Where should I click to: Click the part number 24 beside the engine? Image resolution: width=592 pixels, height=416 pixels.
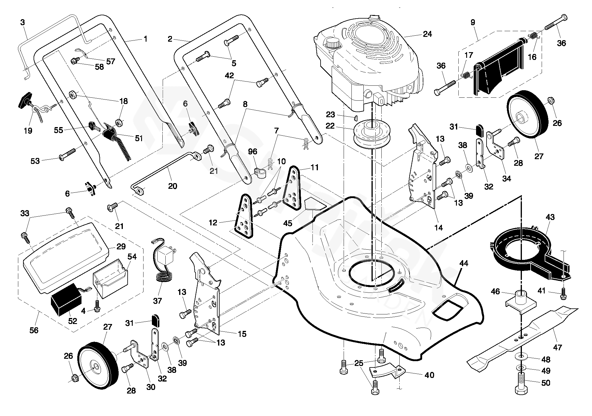[427, 34]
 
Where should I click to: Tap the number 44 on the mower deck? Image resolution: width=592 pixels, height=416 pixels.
[464, 264]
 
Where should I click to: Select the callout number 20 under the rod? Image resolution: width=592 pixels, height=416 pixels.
[173, 186]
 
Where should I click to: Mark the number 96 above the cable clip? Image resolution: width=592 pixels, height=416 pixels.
[253, 152]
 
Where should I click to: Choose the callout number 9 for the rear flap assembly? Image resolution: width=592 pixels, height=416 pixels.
[473, 22]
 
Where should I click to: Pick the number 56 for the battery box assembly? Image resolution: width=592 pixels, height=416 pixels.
[34, 330]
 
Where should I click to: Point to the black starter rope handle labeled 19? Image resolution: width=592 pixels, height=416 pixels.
[23, 99]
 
